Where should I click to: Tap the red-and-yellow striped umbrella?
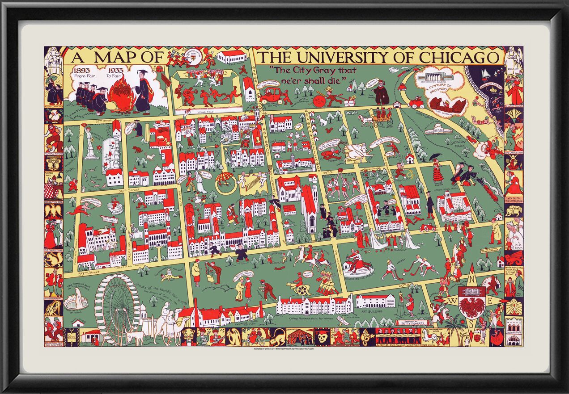(226, 178)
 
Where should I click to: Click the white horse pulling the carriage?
(366, 121)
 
